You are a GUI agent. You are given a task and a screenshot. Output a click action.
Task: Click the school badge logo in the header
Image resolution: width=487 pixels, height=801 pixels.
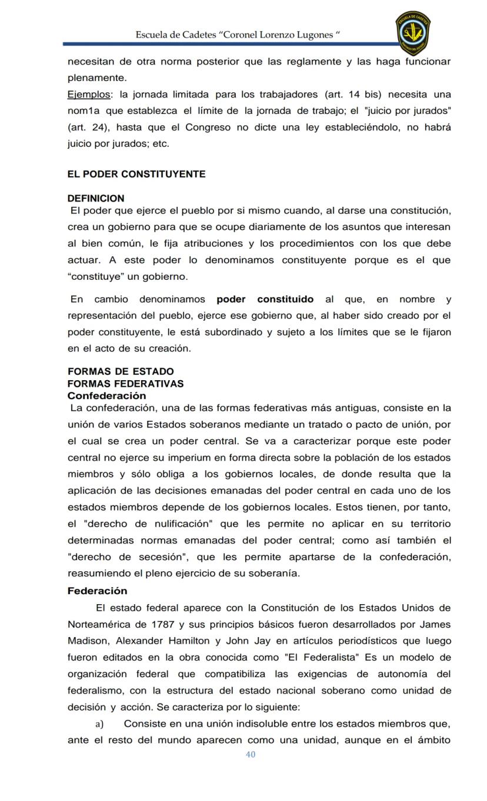[x=413, y=33]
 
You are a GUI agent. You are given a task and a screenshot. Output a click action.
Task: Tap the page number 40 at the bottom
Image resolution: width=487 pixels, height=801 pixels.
[x=251, y=755]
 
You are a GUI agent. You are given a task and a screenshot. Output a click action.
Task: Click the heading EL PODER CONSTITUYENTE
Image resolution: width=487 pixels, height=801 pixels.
[x=136, y=174]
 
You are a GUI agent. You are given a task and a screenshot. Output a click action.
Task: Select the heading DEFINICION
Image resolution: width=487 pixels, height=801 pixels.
[x=96, y=199]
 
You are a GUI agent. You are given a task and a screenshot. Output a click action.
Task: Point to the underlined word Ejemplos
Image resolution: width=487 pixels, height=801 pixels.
[x=89, y=94]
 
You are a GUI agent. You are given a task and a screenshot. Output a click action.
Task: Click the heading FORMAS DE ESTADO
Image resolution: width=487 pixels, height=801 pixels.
[x=121, y=371]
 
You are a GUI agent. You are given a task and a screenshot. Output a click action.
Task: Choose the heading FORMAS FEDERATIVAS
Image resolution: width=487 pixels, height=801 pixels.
[x=125, y=384]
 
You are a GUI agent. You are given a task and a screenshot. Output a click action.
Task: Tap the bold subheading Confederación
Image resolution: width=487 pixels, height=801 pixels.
[x=106, y=396]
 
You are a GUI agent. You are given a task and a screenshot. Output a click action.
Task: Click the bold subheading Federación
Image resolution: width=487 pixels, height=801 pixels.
[x=97, y=591]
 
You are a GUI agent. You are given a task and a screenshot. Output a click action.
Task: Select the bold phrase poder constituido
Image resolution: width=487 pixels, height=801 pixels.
[x=265, y=299]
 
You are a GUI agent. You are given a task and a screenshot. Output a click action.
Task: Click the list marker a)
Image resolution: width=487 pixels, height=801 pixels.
[x=99, y=723]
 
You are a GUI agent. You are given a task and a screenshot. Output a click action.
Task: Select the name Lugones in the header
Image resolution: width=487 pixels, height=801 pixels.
[x=313, y=35]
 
